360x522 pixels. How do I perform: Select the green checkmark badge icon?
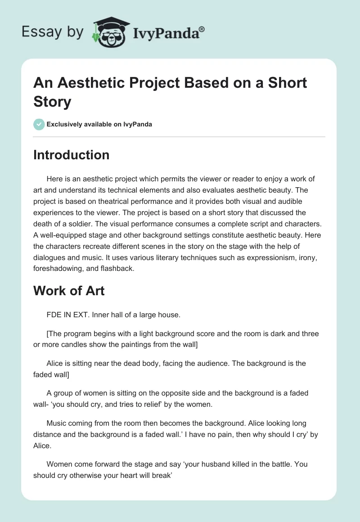39,124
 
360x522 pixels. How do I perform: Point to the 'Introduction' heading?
71,155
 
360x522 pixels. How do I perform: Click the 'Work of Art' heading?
69,291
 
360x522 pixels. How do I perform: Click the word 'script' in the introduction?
257,224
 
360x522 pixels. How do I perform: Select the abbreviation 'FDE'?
54,315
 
